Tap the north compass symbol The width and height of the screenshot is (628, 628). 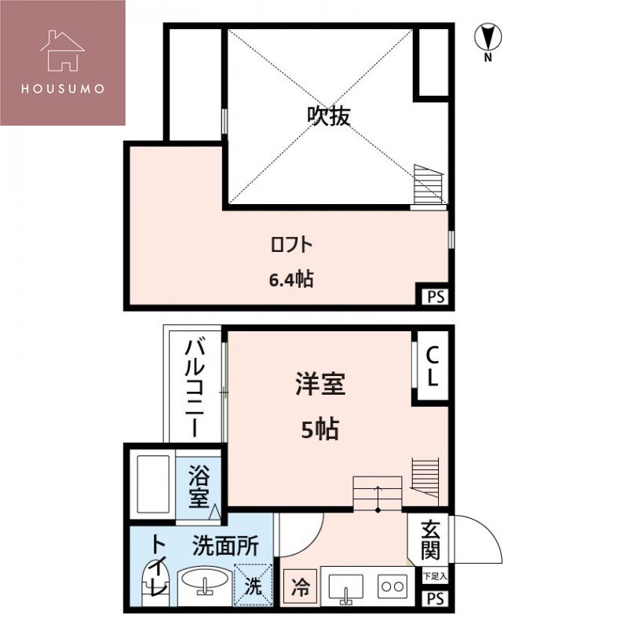[488, 37]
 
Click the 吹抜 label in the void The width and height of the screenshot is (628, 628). [328, 116]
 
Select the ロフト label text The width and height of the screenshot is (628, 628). [291, 245]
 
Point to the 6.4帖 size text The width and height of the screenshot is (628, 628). [291, 279]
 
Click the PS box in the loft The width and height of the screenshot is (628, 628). [436, 296]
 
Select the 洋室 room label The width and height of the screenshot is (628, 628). [320, 385]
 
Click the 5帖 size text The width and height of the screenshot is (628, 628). [320, 429]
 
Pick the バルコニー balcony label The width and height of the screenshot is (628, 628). [196, 388]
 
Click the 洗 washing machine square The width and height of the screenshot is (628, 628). [256, 586]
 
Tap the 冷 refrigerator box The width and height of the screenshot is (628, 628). [300, 586]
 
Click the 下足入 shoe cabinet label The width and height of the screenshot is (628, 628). [435, 576]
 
